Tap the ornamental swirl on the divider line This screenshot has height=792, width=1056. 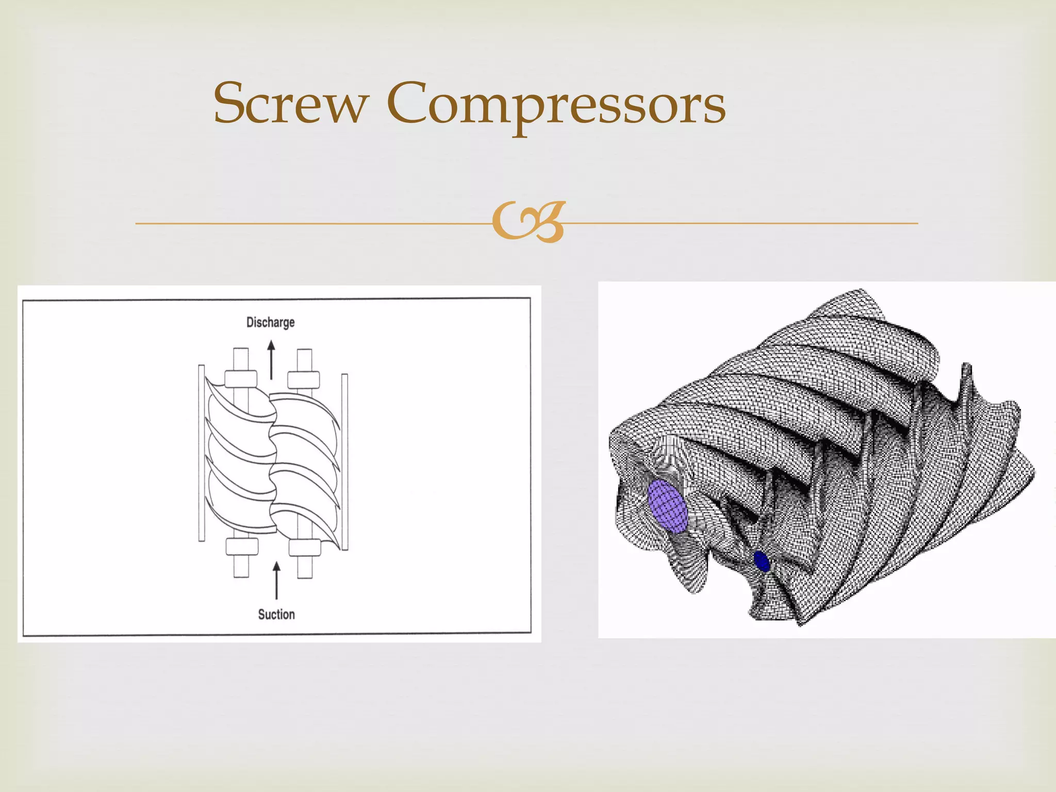[529, 222]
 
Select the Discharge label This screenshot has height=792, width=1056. [270, 322]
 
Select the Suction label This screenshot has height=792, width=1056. [276, 614]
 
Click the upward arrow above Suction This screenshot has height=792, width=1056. [277, 581]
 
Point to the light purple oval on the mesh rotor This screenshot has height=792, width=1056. [668, 506]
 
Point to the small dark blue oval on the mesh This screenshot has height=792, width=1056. [761, 561]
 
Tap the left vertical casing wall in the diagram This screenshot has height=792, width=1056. [202, 454]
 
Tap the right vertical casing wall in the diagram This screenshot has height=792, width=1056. [345, 461]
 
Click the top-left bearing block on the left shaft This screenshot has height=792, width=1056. [241, 379]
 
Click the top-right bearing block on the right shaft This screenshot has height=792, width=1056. [304, 380]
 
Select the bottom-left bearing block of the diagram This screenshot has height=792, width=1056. [242, 547]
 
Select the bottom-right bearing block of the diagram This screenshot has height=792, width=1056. [305, 547]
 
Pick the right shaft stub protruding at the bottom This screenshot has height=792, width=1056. [305, 567]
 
